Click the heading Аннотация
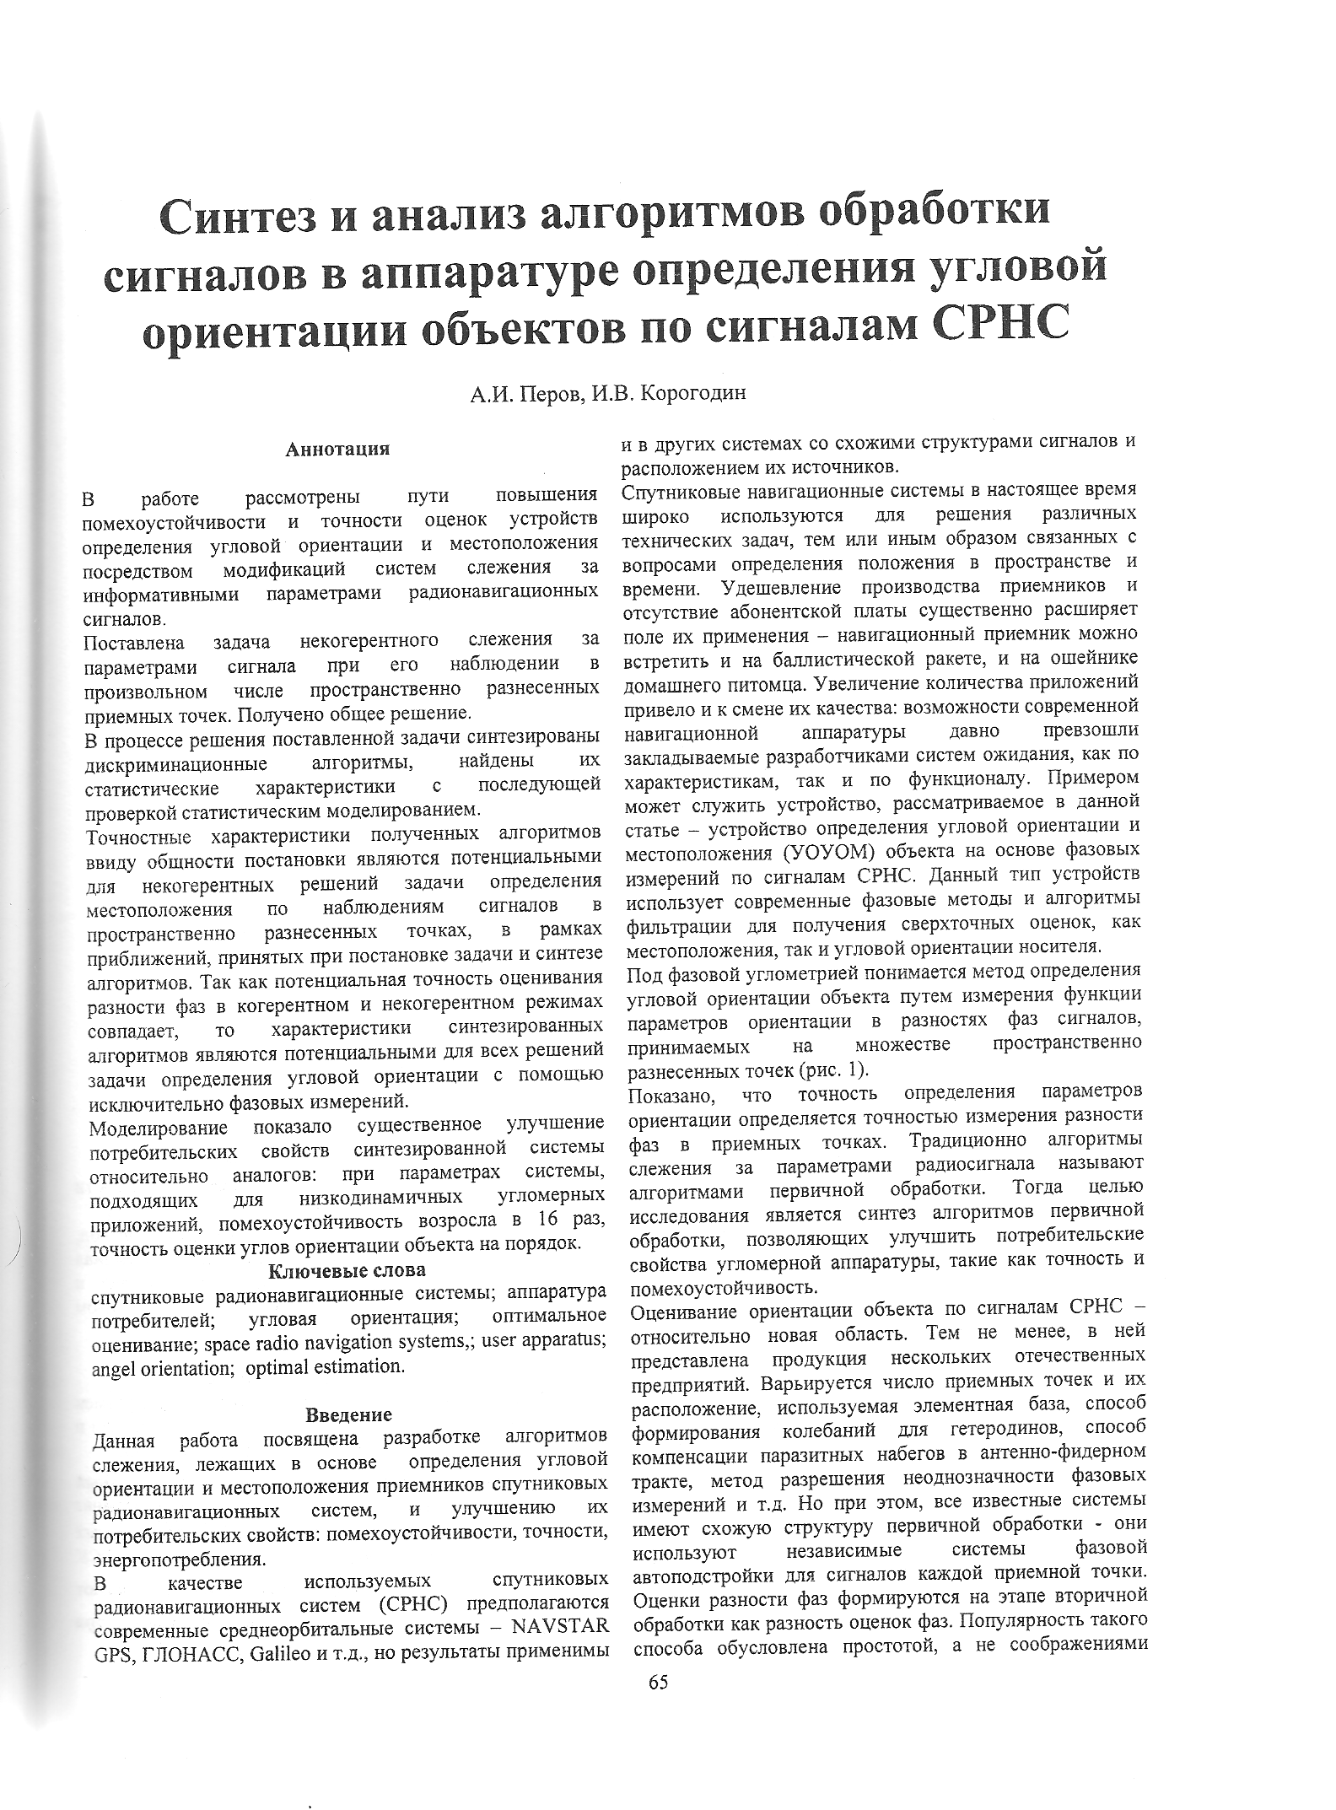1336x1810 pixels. (338, 449)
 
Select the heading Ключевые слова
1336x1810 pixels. (347, 1269)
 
